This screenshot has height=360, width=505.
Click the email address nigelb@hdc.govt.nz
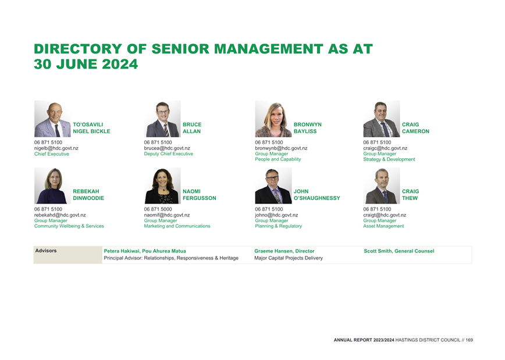[x=56, y=148]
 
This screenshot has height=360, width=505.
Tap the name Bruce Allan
[x=192, y=128]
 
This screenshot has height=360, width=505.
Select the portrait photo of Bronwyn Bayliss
[x=273, y=119]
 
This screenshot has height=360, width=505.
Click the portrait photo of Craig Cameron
[x=382, y=119]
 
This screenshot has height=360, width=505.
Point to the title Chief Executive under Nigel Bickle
[x=52, y=154]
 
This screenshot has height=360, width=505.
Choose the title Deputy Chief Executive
[x=169, y=154]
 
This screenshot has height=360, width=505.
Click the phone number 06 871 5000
[x=158, y=209]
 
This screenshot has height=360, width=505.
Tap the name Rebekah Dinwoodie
[x=88, y=194]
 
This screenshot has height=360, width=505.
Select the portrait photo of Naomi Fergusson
[x=162, y=186]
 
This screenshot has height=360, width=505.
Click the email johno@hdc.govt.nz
[x=276, y=215]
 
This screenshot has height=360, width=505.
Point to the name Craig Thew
[x=410, y=194]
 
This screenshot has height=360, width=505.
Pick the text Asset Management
[x=383, y=226]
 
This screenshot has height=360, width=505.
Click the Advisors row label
[x=46, y=251]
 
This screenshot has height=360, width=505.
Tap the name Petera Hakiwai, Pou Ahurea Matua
[x=145, y=251]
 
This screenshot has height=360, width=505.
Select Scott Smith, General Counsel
[x=399, y=251]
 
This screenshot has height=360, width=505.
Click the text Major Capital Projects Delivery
[x=289, y=258]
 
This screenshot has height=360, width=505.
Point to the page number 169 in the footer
[x=470, y=340]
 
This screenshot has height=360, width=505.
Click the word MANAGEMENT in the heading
[x=268, y=49]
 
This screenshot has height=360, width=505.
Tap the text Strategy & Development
[x=389, y=159]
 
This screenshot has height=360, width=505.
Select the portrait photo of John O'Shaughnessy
[x=273, y=186]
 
